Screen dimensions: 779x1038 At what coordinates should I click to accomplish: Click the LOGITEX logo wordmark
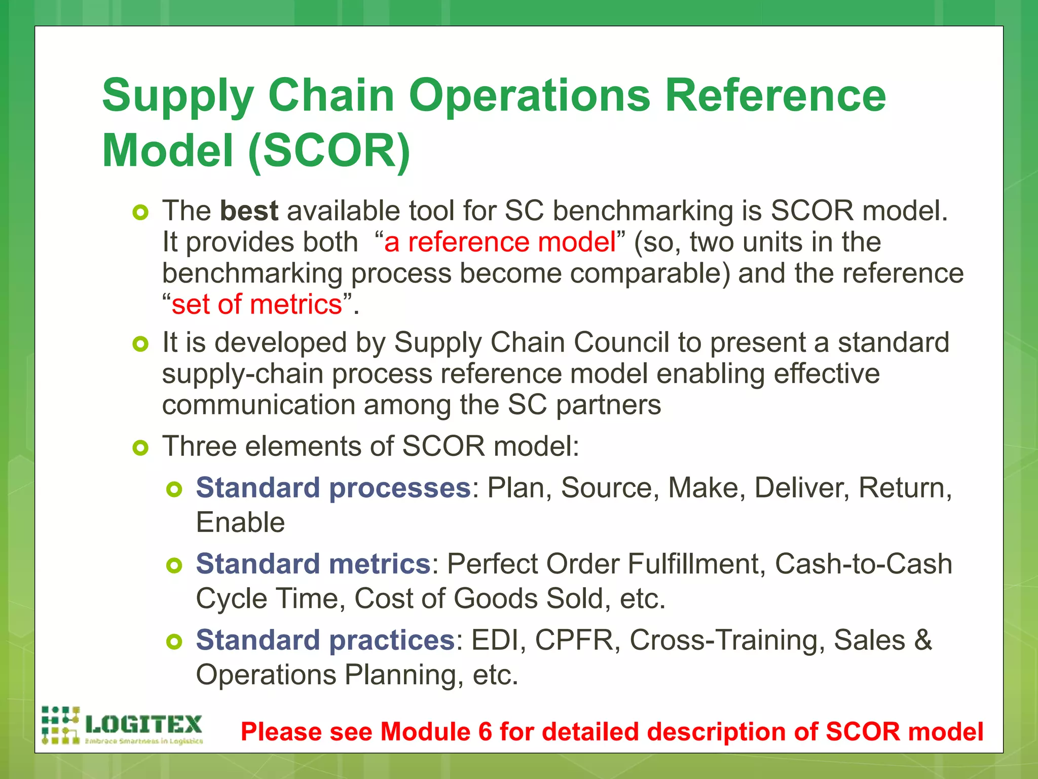pyautogui.click(x=144, y=724)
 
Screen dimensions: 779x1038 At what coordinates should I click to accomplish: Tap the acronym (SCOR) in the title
pyautogui.click(x=329, y=151)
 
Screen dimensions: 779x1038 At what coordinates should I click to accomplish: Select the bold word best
pyautogui.click(x=249, y=210)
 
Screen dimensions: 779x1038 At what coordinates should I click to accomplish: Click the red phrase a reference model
pyautogui.click(x=500, y=242)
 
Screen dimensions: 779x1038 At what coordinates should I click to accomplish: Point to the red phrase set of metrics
pyautogui.click(x=257, y=304)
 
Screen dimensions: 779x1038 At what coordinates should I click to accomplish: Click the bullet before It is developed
pyautogui.click(x=140, y=344)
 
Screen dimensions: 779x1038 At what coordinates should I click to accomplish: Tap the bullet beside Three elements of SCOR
pyautogui.click(x=140, y=448)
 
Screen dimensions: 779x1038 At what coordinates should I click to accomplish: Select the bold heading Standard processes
pyautogui.click(x=333, y=488)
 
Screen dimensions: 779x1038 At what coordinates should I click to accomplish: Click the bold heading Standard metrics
pyautogui.click(x=313, y=564)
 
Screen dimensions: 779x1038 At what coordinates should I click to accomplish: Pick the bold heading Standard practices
pyautogui.click(x=325, y=640)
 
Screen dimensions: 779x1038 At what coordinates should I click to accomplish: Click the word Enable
pyautogui.click(x=240, y=523)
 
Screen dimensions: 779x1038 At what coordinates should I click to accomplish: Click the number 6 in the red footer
pyautogui.click(x=485, y=732)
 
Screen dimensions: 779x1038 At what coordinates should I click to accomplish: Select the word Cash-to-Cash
pyautogui.click(x=863, y=564)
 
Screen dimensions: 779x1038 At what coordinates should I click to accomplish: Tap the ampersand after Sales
pyautogui.click(x=923, y=640)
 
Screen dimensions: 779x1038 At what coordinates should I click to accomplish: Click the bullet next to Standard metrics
pyautogui.click(x=174, y=565)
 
